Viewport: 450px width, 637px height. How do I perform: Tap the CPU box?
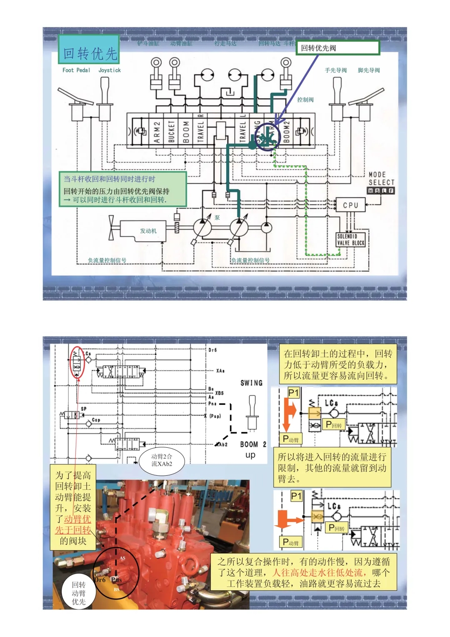[350, 205]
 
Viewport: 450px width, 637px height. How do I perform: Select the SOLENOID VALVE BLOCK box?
[350, 240]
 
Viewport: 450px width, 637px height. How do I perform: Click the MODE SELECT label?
[381, 179]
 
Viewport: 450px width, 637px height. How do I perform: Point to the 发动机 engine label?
[148, 231]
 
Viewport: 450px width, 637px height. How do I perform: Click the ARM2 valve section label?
[157, 132]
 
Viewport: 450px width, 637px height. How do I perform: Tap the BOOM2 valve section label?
[287, 132]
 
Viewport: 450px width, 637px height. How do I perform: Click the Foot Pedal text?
[76, 70]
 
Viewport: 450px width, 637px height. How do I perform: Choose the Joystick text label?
[110, 70]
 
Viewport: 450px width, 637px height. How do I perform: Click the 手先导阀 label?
[335, 70]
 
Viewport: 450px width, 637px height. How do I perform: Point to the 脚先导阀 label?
[369, 70]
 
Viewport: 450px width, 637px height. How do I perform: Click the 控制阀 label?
[305, 100]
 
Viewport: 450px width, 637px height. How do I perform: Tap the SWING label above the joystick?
[251, 383]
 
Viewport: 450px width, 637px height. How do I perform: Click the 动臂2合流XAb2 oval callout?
[162, 460]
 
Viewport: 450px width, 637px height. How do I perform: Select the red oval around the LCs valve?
[77, 362]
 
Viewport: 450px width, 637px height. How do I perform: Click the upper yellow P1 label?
[294, 393]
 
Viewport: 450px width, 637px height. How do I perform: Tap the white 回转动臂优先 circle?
[78, 593]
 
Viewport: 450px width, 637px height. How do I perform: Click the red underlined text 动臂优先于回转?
[73, 524]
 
